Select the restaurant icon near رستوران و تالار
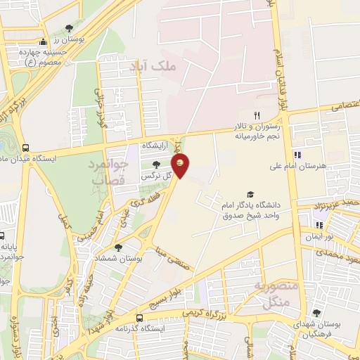257,115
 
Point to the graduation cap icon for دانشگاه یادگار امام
249,195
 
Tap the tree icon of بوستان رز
68,28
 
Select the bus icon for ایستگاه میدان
26,148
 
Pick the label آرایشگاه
157,145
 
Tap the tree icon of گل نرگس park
155,164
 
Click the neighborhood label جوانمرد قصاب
110,171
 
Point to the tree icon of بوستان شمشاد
118,247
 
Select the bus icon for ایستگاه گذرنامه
139,317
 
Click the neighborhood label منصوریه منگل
271,295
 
